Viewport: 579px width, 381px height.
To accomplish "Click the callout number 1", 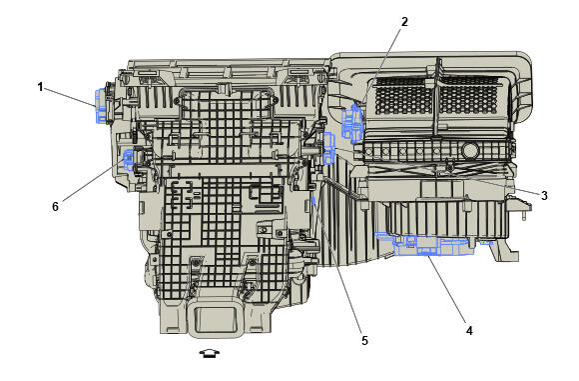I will click(41, 86).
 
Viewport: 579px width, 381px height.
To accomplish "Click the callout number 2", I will click(405, 21).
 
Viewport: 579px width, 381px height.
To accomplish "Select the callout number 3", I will click(545, 195).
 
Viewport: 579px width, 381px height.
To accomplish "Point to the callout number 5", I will click(364, 340).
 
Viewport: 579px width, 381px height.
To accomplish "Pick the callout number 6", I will click(55, 206).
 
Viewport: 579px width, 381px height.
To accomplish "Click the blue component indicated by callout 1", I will click(101, 105).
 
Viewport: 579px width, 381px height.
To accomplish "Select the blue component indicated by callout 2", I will click(351, 123).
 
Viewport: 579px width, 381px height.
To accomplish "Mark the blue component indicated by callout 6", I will click(131, 160).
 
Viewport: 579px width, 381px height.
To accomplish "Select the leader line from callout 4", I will click(444, 291).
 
